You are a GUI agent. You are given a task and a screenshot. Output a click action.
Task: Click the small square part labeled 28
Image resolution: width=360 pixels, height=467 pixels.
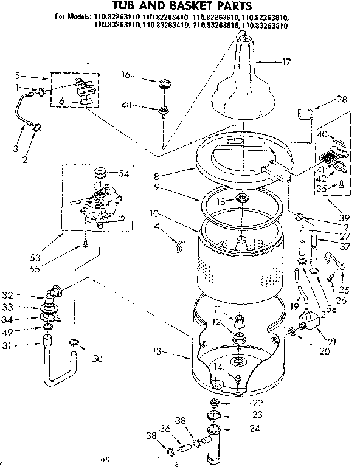pos(305,114)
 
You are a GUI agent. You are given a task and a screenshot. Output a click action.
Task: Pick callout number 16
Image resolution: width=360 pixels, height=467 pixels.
pos(126,75)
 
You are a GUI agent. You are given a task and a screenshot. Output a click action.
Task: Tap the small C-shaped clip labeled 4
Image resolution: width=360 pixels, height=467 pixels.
pos(178,245)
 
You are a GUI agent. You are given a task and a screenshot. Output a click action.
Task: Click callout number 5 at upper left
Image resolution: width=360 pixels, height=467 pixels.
pos(19,76)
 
